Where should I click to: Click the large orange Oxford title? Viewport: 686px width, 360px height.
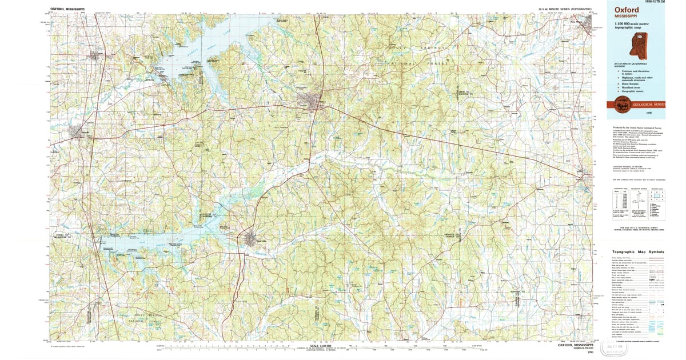pos(627,10)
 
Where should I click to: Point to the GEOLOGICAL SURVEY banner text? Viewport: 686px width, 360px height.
pos(648,105)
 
